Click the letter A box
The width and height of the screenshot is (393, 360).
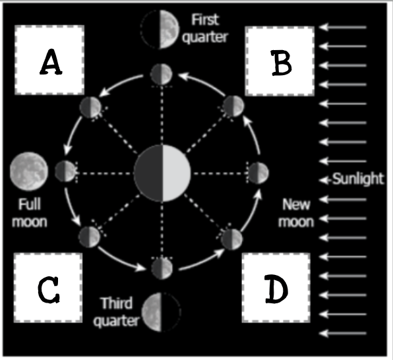tap(49, 60)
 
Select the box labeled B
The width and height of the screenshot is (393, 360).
tap(280, 61)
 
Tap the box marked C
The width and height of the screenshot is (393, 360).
tap(48, 287)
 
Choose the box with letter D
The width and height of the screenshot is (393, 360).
tap(276, 287)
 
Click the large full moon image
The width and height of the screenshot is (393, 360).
tap(29, 171)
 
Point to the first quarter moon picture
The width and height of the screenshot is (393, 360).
tap(160, 29)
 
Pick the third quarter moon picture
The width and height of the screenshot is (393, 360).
tap(161, 312)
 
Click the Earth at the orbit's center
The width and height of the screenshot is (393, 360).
tap(162, 173)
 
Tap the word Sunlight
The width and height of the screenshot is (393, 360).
tap(358, 179)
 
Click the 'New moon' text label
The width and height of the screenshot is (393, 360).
tap(296, 213)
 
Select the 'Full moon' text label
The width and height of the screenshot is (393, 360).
tap(30, 213)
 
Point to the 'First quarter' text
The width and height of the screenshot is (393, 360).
tap(206, 28)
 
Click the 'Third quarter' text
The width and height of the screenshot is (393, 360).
tap(116, 312)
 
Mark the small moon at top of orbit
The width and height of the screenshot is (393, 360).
tap(162, 75)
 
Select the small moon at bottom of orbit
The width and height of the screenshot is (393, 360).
tap(162, 268)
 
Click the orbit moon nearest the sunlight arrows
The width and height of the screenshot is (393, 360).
tap(258, 173)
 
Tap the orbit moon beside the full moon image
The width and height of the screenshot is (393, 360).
tap(65, 171)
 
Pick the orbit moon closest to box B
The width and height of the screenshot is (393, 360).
tap(233, 105)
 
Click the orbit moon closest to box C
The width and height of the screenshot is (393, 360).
tap(90, 237)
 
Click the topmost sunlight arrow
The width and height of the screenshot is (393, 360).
tap(344, 27)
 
